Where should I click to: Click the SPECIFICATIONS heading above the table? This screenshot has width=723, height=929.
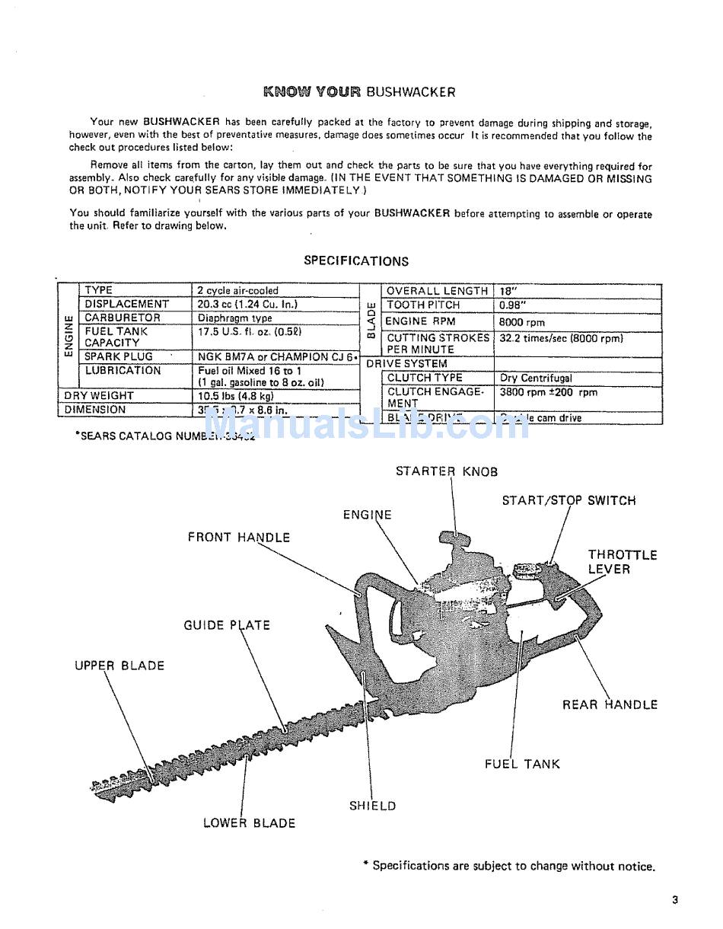tap(356, 261)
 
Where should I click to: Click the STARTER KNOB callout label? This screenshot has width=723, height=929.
tap(447, 471)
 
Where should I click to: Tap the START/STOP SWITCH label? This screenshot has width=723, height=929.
tap(569, 500)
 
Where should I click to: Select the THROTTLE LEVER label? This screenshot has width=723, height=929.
tap(622, 562)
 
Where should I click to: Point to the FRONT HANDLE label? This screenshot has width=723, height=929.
tap(239, 537)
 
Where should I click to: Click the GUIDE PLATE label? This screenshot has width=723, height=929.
tap(227, 625)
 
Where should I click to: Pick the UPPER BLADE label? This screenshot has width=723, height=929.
tap(119, 666)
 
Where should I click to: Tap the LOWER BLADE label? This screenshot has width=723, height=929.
tap(249, 822)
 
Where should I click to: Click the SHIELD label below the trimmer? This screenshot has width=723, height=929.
tap(373, 806)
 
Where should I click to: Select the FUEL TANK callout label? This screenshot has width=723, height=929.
tap(522, 764)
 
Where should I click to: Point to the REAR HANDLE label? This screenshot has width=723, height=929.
tap(610, 704)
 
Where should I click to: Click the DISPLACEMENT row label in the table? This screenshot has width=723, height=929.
tap(127, 304)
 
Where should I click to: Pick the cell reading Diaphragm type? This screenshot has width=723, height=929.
tap(235, 318)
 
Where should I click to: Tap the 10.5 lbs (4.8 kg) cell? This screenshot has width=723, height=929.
tap(236, 396)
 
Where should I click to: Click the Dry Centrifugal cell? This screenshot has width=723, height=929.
tap(537, 378)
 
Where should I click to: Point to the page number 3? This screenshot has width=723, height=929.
tap(674, 900)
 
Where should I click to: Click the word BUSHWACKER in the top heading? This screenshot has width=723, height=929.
tap(411, 92)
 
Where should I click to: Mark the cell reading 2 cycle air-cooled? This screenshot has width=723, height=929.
tap(238, 290)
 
